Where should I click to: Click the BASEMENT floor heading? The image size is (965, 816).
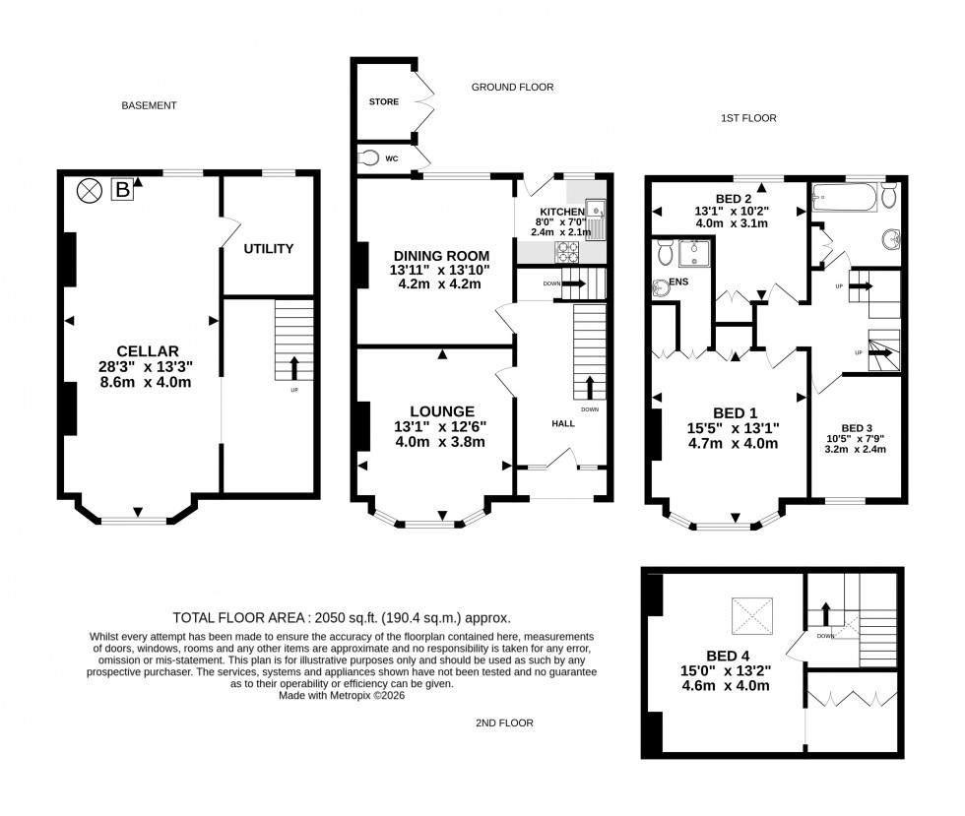[x=149, y=105]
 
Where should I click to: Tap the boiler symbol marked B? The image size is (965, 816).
[x=123, y=189]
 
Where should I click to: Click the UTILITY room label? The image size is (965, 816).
[x=269, y=249]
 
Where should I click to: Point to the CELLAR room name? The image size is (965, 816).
[x=147, y=351]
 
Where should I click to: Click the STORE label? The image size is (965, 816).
[x=383, y=101]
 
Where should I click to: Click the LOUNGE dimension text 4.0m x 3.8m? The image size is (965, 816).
[x=440, y=442]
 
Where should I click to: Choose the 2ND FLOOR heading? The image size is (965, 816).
[x=504, y=722]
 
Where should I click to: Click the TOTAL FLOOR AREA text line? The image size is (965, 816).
[x=342, y=618]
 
